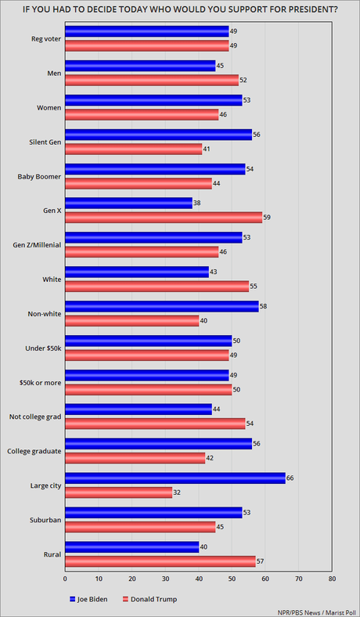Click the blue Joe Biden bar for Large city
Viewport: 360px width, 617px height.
tap(175, 478)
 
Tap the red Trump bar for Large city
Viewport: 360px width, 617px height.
tap(118, 493)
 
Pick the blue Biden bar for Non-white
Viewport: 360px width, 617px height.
tap(161, 307)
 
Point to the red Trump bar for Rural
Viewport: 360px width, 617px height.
tap(160, 561)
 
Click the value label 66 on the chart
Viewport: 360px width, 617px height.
tap(292, 478)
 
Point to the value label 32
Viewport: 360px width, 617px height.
tap(178, 493)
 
